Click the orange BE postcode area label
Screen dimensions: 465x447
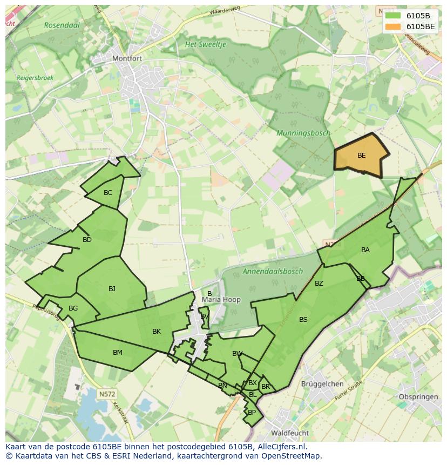(361, 156)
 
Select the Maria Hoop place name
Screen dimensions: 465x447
(221, 300)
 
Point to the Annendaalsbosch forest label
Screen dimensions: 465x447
(273, 272)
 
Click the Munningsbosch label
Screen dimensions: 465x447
(303, 133)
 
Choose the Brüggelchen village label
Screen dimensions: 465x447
(322, 384)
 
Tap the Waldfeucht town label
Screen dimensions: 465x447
(290, 433)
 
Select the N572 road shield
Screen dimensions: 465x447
(107, 394)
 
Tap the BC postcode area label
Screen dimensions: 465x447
(108, 193)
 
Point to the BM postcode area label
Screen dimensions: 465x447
(117, 353)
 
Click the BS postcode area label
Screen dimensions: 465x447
(303, 320)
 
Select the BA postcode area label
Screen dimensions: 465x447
(365, 250)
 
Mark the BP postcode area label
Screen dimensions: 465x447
(252, 413)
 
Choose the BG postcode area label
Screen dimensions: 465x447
(73, 308)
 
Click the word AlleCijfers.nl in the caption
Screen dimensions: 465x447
(281, 447)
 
